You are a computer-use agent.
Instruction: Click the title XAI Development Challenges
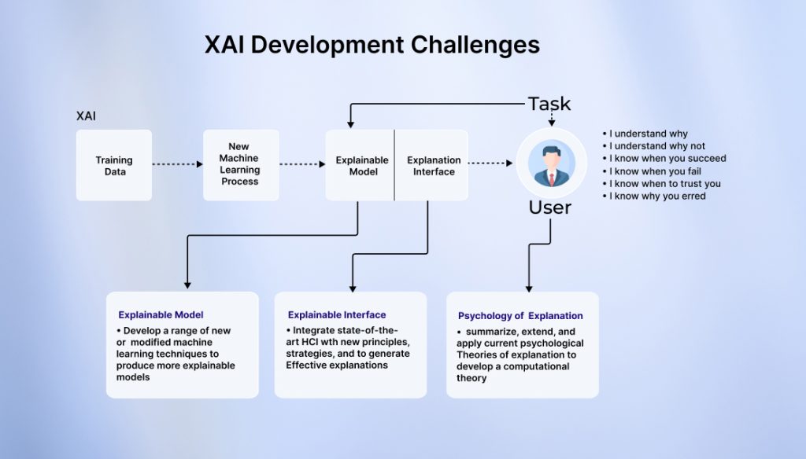click(372, 45)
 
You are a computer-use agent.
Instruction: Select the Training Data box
click(114, 165)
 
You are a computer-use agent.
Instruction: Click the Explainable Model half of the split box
click(361, 165)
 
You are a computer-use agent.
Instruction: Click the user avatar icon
click(551, 164)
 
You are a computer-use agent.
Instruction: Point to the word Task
click(549, 104)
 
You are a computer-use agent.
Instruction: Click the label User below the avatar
click(550, 208)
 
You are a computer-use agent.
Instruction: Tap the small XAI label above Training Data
click(86, 116)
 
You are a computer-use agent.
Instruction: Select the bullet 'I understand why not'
click(656, 146)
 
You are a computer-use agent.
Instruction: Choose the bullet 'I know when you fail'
click(655, 171)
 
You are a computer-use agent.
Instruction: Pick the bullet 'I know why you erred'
click(657, 196)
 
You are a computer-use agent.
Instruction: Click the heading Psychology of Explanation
click(520, 316)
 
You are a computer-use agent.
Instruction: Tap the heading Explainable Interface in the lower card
click(337, 315)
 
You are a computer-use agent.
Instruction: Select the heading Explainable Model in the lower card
click(161, 315)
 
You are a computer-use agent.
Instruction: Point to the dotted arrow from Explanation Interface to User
click(490, 164)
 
